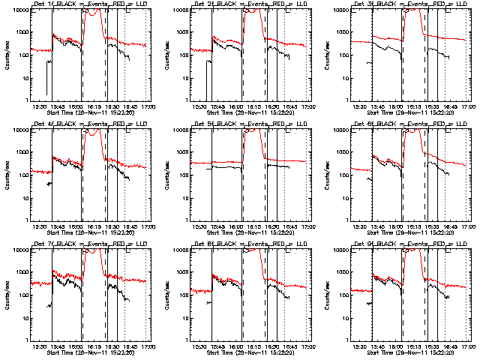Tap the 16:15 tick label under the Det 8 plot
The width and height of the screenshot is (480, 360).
coord(254,346)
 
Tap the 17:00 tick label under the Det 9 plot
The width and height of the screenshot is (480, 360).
coord(469,346)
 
